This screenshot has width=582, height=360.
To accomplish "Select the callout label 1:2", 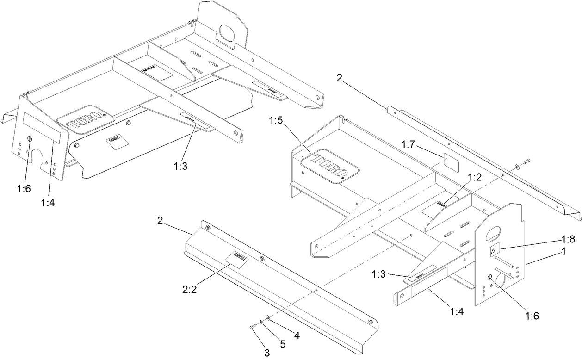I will pos(475,177).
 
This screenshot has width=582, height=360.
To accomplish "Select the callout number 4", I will pos(297,336).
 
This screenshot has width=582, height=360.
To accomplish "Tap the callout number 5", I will pos(283,344).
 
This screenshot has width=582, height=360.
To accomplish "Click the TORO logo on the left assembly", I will pos(86,122).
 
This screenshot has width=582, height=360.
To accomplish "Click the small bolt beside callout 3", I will pos(253,327).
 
